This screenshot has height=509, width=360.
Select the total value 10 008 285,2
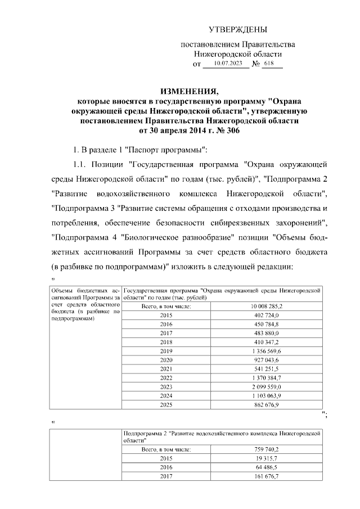pos(266,306)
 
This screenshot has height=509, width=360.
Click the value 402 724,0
pos(266,316)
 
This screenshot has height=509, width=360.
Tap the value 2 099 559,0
pos(266,386)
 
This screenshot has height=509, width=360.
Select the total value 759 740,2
pos(266,449)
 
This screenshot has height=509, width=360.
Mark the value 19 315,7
pos(266,458)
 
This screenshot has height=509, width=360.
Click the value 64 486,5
pos(266,467)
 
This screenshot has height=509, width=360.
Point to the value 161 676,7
pos(266,476)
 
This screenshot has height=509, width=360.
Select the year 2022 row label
pos(166,377)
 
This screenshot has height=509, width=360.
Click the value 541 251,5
pos(266,369)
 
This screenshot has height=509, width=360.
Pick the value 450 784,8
pos(266,325)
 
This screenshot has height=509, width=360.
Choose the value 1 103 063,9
pos(266,395)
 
